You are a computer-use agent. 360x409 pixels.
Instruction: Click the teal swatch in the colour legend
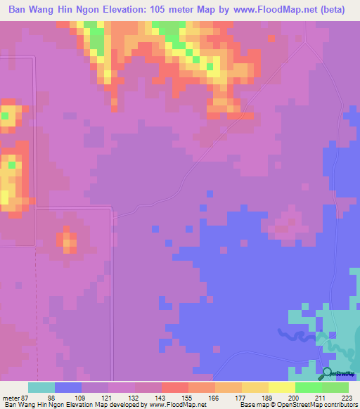point(41,387)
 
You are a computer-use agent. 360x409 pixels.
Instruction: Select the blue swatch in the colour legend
point(68,387)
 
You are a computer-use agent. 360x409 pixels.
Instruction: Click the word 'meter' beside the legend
point(11,398)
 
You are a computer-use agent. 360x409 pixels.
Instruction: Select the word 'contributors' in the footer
point(340,405)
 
